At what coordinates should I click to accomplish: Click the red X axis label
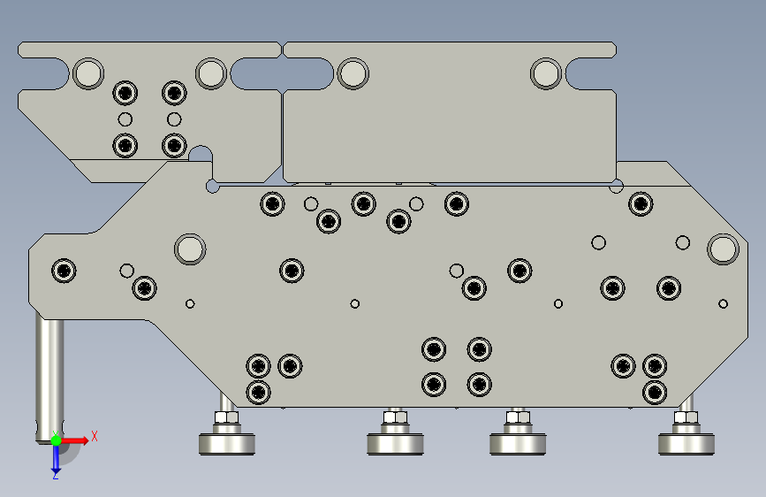pos(95,436)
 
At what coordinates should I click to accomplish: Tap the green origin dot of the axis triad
pos(57,440)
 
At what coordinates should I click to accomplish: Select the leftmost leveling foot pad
pos(227,444)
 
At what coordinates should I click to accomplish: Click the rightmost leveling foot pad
pos(686,444)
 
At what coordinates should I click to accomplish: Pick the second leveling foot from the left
pos(395,444)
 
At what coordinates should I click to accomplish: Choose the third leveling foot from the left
pos(518,444)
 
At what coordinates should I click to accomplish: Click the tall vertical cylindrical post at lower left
pos(49,378)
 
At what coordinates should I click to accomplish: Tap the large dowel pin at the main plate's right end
pos(723,249)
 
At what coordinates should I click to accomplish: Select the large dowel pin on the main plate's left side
pos(190,249)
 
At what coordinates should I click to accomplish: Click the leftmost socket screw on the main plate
pos(64,271)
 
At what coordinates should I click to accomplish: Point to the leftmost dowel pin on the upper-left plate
pos(88,73)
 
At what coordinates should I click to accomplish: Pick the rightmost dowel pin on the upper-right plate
pos(546,73)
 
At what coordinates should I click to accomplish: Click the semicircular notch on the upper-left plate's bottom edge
pos(201,153)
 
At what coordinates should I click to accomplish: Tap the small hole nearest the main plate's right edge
pos(723,304)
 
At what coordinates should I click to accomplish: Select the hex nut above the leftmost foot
pos(227,417)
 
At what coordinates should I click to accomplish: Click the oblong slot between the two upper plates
pos(282,73)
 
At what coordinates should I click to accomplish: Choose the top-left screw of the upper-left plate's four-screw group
pos(125,93)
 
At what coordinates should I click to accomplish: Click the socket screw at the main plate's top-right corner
pos(641,204)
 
